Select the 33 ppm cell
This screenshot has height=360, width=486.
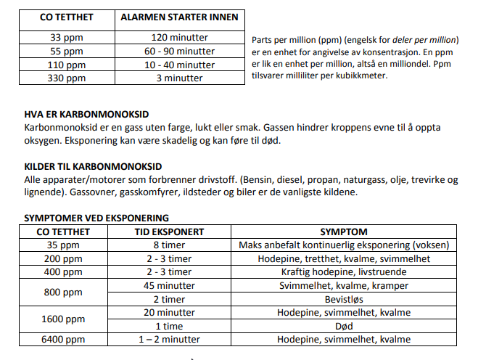coord(66,38)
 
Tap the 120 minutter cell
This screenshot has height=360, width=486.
coord(178,38)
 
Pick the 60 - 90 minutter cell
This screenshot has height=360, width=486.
coord(178,52)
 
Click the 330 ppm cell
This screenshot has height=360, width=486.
coord(66,78)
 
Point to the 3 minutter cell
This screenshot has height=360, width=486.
coord(178,78)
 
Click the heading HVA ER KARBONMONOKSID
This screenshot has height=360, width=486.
coord(86,115)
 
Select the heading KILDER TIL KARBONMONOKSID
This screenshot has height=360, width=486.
coord(93,167)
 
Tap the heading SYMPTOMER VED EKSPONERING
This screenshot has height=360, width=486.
coord(96,218)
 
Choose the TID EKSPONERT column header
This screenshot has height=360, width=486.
coord(169,232)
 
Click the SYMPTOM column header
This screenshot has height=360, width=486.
coord(344,232)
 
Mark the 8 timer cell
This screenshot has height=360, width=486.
coord(169,245)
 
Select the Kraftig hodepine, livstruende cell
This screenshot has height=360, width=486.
coord(344,272)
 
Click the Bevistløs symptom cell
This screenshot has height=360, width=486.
coord(344,299)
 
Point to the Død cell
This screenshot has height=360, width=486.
coord(344,326)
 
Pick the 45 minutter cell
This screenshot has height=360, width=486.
coord(169,286)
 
